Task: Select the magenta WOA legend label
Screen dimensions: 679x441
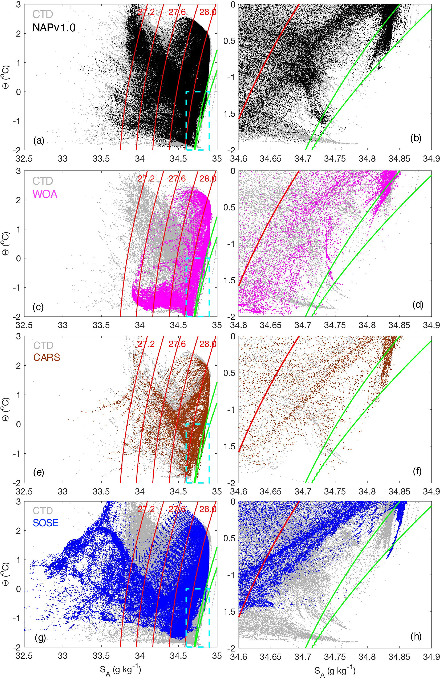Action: click(x=45, y=194)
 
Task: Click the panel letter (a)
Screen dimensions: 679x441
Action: click(x=38, y=141)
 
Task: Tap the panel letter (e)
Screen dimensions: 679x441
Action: click(x=38, y=472)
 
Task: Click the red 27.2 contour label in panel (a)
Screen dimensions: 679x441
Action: click(x=146, y=12)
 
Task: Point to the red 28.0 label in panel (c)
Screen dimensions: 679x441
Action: click(x=208, y=179)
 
